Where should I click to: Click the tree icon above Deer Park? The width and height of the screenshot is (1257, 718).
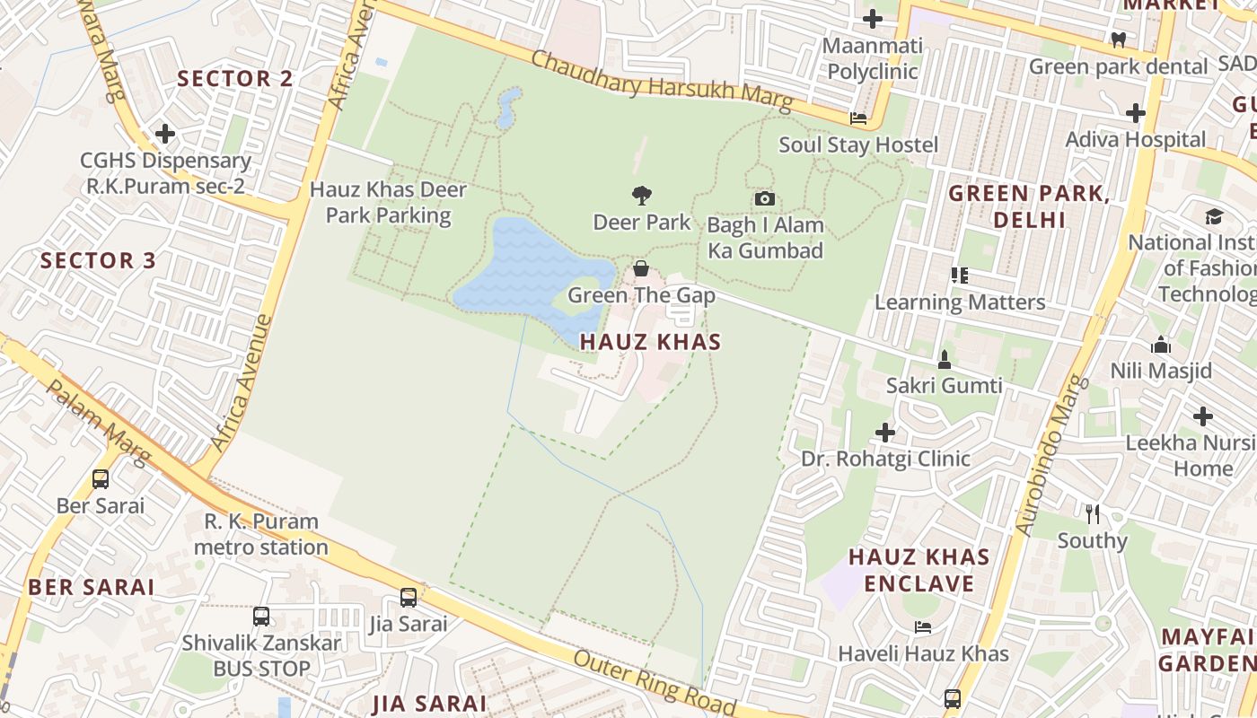pos(641,195)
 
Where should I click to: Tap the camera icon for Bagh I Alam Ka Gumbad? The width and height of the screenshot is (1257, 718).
pos(764,199)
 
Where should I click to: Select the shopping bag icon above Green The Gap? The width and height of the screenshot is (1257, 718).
pos(641,268)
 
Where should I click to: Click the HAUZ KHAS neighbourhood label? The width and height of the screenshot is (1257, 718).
pos(650,342)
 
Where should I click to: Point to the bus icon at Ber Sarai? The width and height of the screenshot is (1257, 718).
pos(101,479)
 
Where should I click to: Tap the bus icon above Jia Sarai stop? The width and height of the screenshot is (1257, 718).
pos(409,597)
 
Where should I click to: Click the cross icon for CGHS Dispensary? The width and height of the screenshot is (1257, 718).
pos(165,134)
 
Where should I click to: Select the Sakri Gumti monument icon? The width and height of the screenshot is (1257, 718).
pos(944,360)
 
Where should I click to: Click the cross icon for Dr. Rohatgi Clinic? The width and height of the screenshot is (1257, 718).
pos(885,433)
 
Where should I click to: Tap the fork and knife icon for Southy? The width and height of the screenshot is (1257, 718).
pos(1092,514)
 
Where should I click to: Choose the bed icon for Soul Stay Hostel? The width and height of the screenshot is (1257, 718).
pos(858,118)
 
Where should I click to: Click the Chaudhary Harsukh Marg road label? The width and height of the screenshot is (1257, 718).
pos(662,82)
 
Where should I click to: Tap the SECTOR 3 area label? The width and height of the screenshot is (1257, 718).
pos(99,261)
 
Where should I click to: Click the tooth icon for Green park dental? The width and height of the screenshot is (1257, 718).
pos(1118,39)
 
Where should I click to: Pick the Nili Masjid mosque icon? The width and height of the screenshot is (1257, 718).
pos(1161,345)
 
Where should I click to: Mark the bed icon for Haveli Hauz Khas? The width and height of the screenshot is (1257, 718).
pos(922,626)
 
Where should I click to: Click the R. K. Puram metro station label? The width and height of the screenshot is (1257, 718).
pos(261,534)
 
